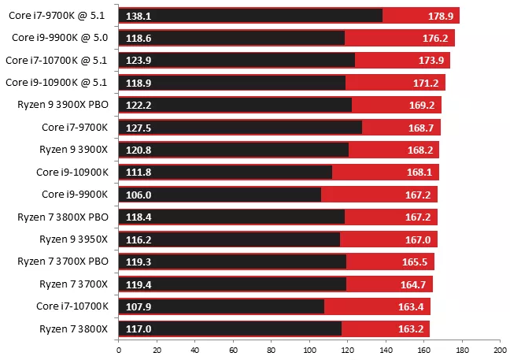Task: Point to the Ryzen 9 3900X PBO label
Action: [x=66, y=104]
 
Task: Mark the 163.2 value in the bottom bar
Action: [x=411, y=328]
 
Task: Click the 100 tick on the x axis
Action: [x=309, y=351]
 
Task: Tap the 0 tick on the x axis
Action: [x=118, y=351]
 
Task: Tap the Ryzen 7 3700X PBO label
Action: [x=65, y=261]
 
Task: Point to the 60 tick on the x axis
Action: [x=232, y=351]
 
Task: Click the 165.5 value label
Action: [x=416, y=261]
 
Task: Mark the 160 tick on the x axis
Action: [x=423, y=351]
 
